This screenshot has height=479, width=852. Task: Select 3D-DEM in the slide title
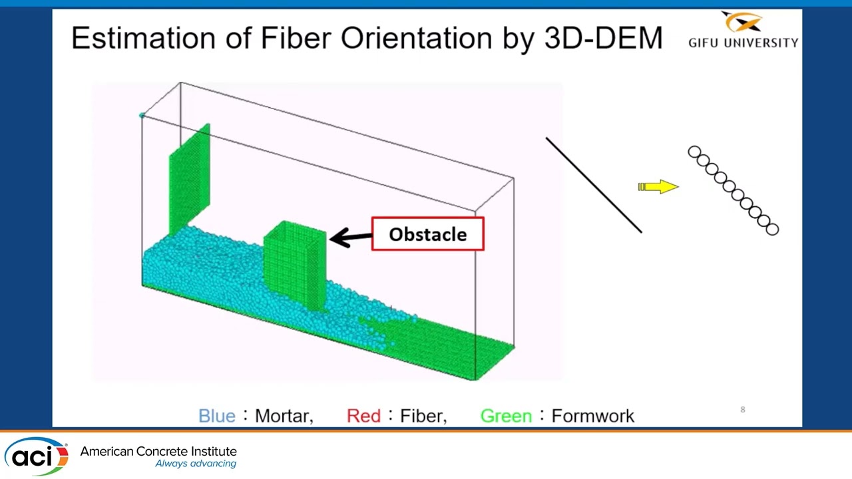tap(603, 38)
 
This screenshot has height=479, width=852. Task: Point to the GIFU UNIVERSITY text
tap(743, 43)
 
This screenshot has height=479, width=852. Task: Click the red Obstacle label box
tap(427, 234)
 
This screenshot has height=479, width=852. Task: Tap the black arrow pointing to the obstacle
tap(350, 237)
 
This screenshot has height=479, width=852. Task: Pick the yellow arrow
tap(658, 187)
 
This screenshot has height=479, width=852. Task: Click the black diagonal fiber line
tap(594, 185)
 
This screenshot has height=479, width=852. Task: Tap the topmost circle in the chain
tap(694, 153)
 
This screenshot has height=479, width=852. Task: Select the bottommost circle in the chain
tap(772, 230)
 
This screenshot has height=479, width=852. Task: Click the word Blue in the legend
tap(217, 416)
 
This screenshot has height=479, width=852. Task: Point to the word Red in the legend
tap(363, 416)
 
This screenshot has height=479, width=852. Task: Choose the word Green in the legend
tap(506, 416)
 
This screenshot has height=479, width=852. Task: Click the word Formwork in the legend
tap(592, 416)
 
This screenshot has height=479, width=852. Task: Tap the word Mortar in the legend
tap(283, 416)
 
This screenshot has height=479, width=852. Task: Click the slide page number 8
tap(743, 409)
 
